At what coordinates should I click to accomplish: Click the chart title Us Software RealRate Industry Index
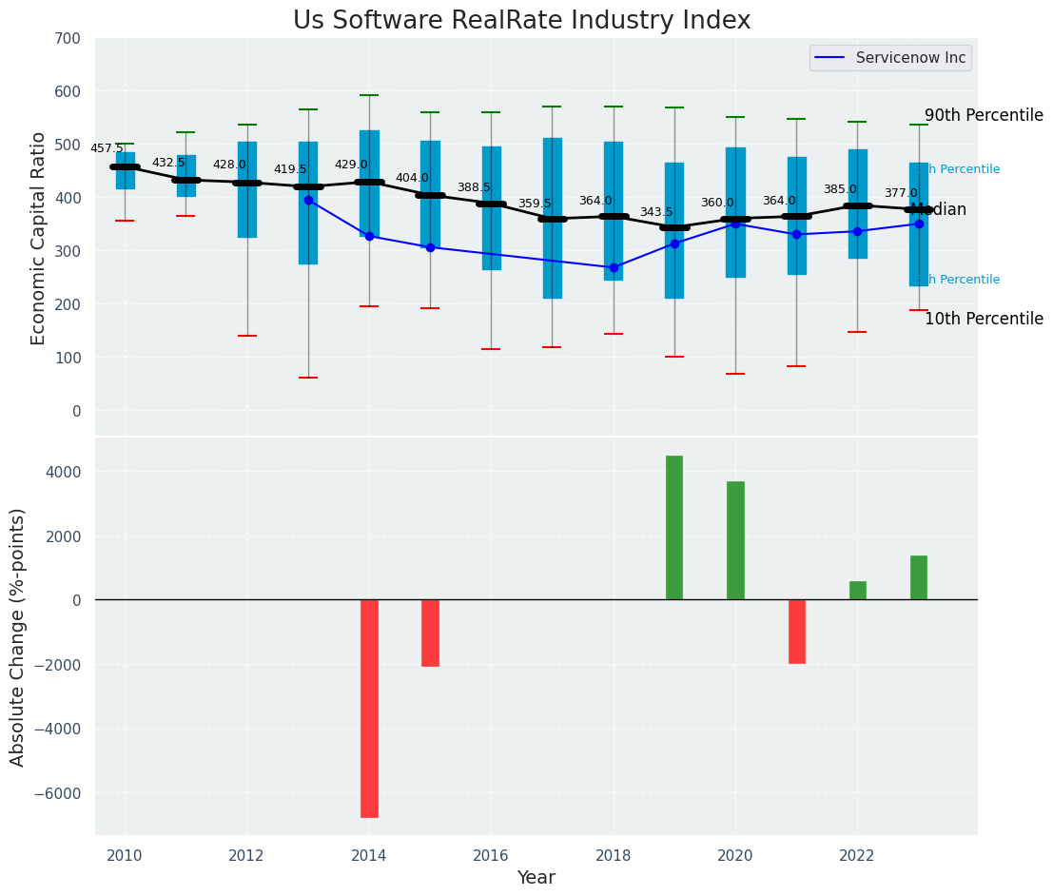(x=521, y=21)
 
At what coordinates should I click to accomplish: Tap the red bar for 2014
(x=369, y=708)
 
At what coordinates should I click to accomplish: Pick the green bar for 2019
(x=674, y=527)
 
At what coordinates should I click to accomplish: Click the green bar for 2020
(x=735, y=540)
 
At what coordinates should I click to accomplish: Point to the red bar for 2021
(x=796, y=631)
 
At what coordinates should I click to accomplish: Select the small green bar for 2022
(x=857, y=590)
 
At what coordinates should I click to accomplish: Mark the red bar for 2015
(x=430, y=633)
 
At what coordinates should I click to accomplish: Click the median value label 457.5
(x=107, y=148)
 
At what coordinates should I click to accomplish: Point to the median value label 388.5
(x=473, y=187)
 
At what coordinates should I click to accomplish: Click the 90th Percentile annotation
(x=984, y=115)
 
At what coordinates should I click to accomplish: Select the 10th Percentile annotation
(x=984, y=319)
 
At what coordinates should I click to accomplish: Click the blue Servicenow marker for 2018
(x=614, y=267)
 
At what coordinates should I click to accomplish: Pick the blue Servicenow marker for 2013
(x=308, y=200)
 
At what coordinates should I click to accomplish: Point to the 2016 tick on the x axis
(x=491, y=855)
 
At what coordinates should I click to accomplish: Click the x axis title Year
(x=536, y=877)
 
